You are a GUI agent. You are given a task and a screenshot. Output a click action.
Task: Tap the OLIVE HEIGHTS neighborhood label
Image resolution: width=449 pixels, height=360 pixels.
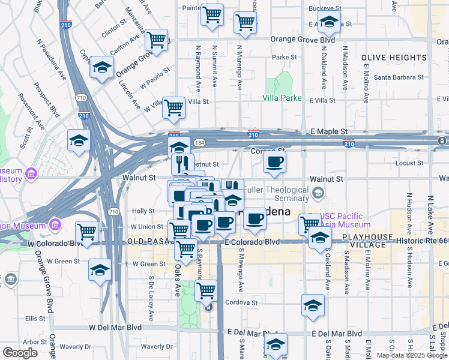pyautogui.click(x=394, y=58)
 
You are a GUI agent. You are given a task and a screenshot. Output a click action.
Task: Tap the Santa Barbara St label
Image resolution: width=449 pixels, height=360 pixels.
pyautogui.click(x=399, y=77)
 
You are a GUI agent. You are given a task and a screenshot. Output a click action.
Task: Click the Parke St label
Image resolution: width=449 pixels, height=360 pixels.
pyautogui.click(x=281, y=58)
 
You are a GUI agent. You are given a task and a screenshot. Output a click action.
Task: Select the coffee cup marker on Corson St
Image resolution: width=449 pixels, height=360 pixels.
pyautogui.click(x=275, y=162)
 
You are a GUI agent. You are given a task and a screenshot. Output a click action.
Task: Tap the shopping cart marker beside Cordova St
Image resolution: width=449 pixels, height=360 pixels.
pyautogui.click(x=206, y=291)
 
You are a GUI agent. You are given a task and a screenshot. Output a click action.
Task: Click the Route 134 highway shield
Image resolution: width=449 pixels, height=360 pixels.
pyautogui.click(x=199, y=142)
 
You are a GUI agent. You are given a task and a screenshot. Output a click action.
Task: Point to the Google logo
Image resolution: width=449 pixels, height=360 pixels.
pyautogui.click(x=20, y=353)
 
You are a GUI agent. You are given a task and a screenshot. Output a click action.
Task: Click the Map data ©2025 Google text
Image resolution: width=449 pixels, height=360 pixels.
pyautogui.click(x=412, y=355)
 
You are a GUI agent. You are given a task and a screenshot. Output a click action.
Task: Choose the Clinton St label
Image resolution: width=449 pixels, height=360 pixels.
pyautogui.click(x=113, y=31)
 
